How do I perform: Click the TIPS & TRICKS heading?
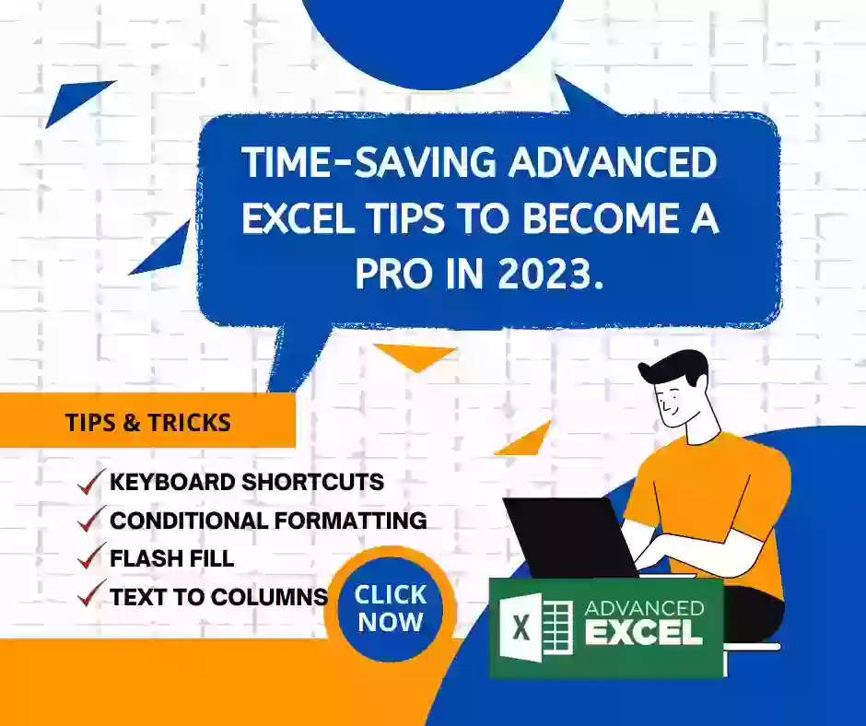pyautogui.click(x=148, y=423)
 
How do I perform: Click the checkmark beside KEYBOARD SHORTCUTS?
pyautogui.click(x=90, y=481)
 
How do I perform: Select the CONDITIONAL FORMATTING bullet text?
pyautogui.click(x=268, y=521)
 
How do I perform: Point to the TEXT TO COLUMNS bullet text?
pyautogui.click(x=219, y=597)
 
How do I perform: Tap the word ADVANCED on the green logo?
pyautogui.click(x=645, y=608)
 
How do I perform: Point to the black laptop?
pyautogui.click(x=571, y=537)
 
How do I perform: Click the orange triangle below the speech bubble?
pyautogui.click(x=415, y=356)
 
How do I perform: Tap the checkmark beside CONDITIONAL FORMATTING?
pyautogui.click(x=90, y=519)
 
